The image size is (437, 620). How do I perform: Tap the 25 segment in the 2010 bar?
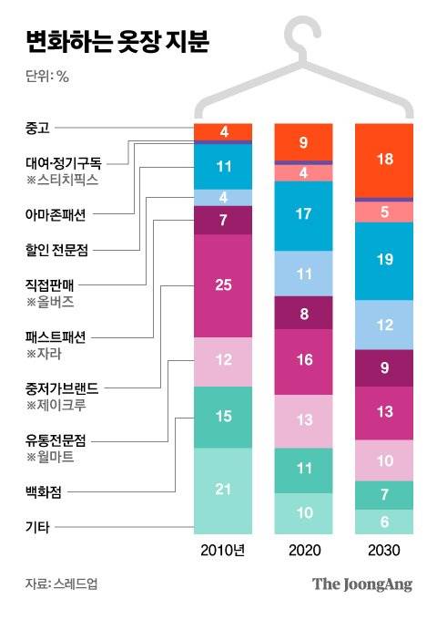223,285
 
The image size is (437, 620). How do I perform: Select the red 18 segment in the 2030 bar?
383,160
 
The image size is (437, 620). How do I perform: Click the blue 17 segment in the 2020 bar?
303,216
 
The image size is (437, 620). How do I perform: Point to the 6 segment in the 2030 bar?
383,522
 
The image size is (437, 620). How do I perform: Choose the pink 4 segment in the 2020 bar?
303,172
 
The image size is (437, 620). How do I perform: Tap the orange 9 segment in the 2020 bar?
303,141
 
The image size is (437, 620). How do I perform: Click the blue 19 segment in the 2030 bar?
383,260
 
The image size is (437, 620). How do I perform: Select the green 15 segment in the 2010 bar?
223,416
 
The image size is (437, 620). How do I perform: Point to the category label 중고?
37,131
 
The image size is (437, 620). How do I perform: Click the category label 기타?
37,526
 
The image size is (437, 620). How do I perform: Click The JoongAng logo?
361,584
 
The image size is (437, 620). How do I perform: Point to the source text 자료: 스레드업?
61,584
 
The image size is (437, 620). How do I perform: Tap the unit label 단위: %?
47,76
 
